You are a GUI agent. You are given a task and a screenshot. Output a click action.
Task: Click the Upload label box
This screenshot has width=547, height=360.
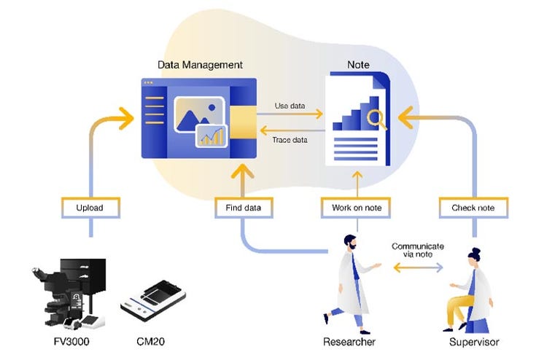coord(89,208)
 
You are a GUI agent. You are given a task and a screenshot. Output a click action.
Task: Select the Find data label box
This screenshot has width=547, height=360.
coord(243,208)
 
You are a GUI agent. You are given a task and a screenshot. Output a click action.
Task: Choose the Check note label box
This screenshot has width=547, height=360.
coord(473,208)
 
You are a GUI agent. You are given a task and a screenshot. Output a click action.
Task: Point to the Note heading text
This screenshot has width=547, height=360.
coord(358,65)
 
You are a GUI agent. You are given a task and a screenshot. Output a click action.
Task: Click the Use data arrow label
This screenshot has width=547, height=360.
coord(290,106)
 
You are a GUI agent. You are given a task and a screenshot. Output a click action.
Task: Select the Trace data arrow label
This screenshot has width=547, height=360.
coord(290,140)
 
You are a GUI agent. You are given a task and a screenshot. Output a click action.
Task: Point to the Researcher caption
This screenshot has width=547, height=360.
coord(349,340)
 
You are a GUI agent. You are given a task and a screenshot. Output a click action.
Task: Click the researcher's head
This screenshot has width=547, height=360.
coord(351,244)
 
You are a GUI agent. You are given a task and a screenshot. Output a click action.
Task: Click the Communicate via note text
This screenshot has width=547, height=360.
coord(417,251)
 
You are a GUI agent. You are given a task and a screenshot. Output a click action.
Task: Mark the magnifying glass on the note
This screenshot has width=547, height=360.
coord(377,117)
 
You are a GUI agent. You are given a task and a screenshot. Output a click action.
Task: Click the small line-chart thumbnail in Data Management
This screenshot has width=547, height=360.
coord(212,136)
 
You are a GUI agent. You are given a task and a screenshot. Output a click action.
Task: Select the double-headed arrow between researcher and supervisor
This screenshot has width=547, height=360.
coord(418,268)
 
